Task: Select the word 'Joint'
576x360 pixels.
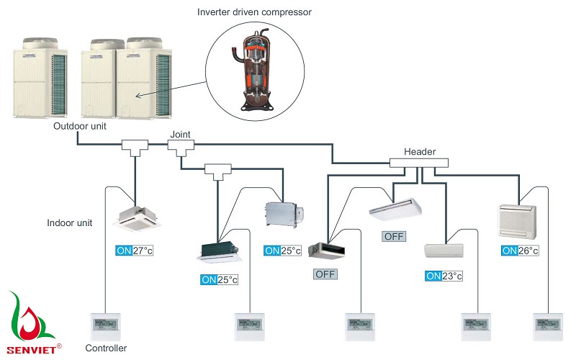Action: pyautogui.click(x=180, y=134)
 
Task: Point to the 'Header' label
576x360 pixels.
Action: pyautogui.click(x=420, y=151)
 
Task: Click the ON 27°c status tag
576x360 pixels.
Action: pyautogui.click(x=135, y=251)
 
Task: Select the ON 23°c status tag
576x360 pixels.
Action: pyautogui.click(x=444, y=276)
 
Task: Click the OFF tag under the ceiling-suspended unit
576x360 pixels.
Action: pyautogui.click(x=394, y=236)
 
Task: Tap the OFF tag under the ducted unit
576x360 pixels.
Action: pyautogui.click(x=325, y=274)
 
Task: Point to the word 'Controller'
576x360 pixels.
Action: pyautogui.click(x=106, y=348)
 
